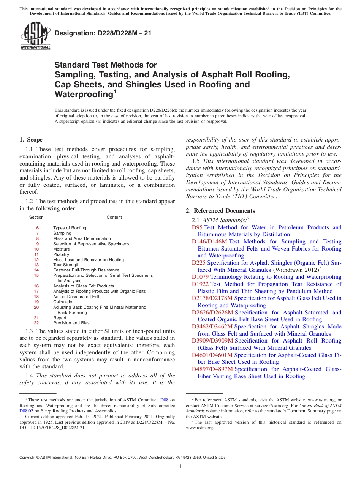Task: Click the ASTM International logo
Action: (35, 37)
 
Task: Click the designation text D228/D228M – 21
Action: (103, 33)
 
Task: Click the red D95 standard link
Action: (197, 227)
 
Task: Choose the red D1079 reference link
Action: (200, 277)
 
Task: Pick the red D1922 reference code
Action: (200, 284)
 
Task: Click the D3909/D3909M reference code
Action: (212, 341)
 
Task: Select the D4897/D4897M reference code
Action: (212, 369)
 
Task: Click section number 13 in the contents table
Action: (36, 265)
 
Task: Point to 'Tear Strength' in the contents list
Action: (66, 265)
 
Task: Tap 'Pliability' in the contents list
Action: (61, 254)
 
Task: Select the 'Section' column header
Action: (36, 218)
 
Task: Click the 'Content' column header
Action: (114, 218)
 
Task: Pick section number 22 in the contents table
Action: (36, 323)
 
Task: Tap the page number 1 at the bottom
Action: (180, 467)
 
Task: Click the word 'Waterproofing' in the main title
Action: (83, 94)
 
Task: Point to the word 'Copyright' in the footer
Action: (28, 458)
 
